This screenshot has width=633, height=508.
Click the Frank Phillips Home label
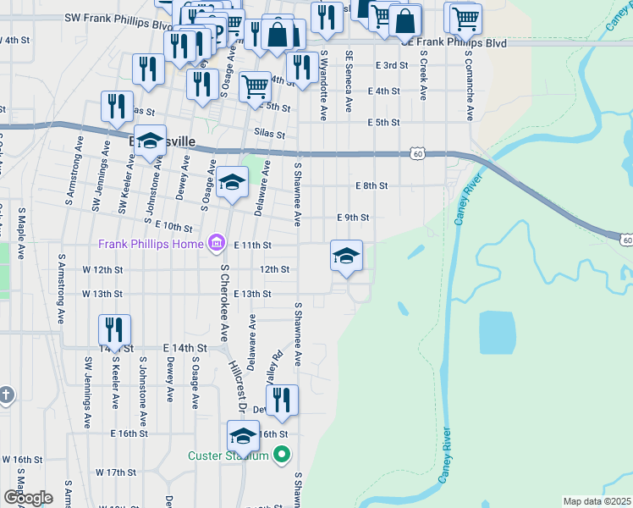[151, 244]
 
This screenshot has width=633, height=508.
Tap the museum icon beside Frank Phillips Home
[217, 245]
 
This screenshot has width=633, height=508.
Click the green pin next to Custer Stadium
[283, 456]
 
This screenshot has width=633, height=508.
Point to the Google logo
[27, 498]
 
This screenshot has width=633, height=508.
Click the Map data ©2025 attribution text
[597, 501]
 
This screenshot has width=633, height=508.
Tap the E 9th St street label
[353, 218]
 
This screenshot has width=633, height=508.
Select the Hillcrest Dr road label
[237, 385]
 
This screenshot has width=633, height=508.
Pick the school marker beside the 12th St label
[346, 256]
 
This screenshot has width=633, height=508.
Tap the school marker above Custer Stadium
[243, 436]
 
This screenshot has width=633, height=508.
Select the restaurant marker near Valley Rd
[283, 400]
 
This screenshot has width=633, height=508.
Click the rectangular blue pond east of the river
[496, 333]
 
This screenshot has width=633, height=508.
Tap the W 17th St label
[116, 472]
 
